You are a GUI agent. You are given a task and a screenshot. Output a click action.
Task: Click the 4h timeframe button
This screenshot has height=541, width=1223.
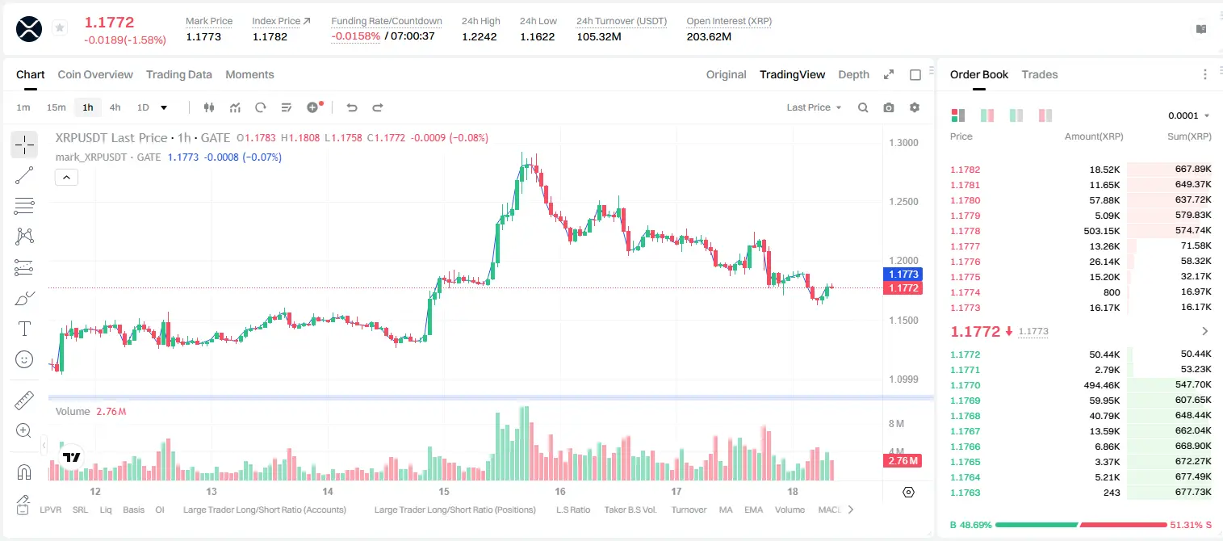coord(115,107)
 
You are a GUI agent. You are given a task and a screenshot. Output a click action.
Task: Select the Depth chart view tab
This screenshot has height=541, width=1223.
coord(853,75)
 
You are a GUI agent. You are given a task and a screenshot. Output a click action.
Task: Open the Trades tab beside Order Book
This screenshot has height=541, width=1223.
coord(1040,75)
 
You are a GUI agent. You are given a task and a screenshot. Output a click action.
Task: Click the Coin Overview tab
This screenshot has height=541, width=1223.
coord(95,75)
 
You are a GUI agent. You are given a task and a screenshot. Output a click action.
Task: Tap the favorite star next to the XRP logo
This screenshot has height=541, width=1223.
coord(60,27)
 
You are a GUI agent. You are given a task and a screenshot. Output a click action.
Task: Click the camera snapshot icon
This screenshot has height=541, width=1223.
coord(889,107)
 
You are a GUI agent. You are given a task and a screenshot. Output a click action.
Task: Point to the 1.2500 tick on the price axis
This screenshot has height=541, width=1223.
coord(903,201)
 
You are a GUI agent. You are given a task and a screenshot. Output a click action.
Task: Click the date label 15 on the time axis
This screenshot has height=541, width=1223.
coord(444,491)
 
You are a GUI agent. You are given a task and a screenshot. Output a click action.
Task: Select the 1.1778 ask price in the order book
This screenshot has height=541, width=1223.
coord(965,231)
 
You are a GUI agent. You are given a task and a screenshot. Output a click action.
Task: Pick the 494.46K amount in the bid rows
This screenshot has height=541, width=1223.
coord(1102,385)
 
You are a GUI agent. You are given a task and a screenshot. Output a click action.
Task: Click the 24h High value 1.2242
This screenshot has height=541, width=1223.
coord(480,36)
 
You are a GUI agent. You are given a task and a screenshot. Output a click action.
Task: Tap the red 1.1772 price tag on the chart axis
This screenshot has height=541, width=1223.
coord(903,287)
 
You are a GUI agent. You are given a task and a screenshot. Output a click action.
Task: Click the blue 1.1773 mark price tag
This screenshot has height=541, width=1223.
coord(903,274)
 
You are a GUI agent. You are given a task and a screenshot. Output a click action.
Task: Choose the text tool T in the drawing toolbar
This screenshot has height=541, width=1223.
coord(24,329)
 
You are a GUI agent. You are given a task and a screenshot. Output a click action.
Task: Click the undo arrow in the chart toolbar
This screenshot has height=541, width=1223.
coord(352,107)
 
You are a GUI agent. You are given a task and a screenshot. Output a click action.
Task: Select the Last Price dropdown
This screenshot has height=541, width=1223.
coord(814,107)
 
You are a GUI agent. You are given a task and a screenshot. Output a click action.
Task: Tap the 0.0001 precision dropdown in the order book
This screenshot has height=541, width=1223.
coord(1188,115)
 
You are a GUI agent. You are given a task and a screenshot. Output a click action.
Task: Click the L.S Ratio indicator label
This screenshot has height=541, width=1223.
coord(573,510)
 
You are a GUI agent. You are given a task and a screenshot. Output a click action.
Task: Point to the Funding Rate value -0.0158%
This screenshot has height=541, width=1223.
coord(355,36)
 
